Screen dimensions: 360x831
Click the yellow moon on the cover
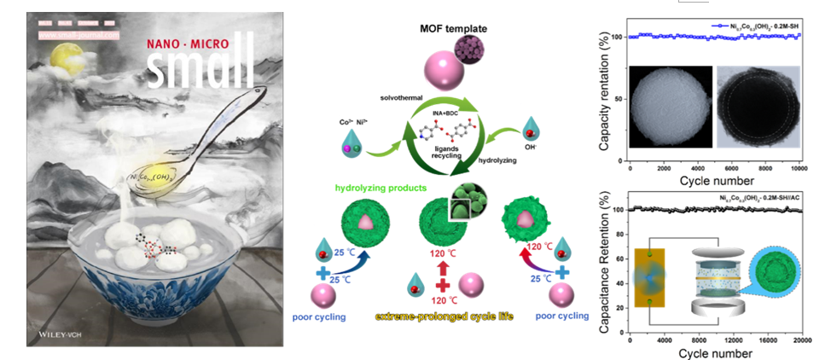[61, 58]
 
